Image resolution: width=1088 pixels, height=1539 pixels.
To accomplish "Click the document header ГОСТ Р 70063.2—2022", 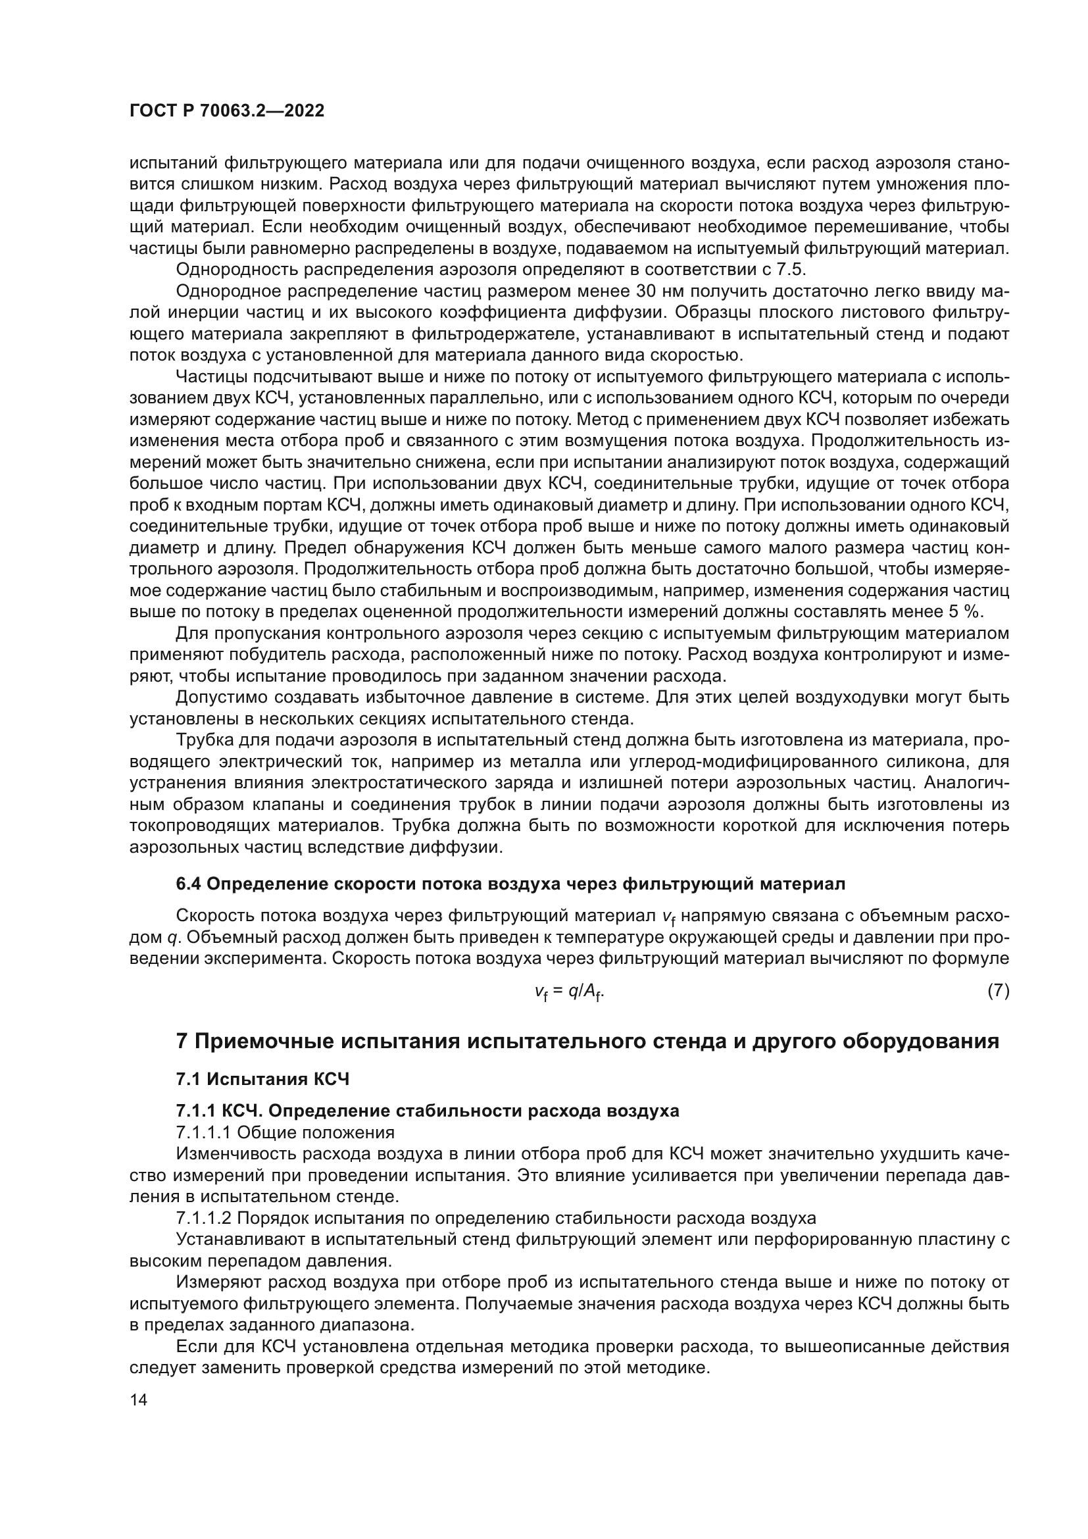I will click(x=226, y=111).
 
